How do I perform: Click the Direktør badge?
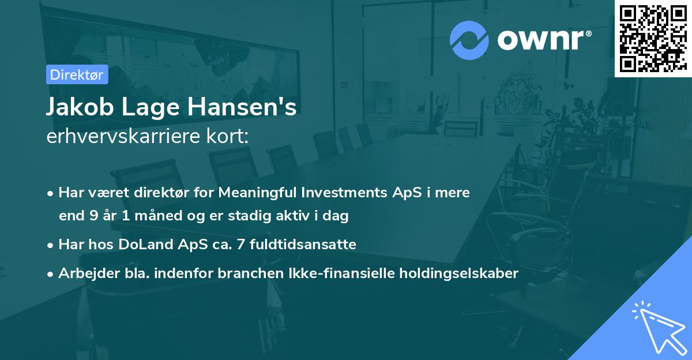coord(76,74)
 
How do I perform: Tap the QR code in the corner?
coord(653,38)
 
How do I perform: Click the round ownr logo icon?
coord(469,40)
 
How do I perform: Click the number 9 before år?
coord(93,216)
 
